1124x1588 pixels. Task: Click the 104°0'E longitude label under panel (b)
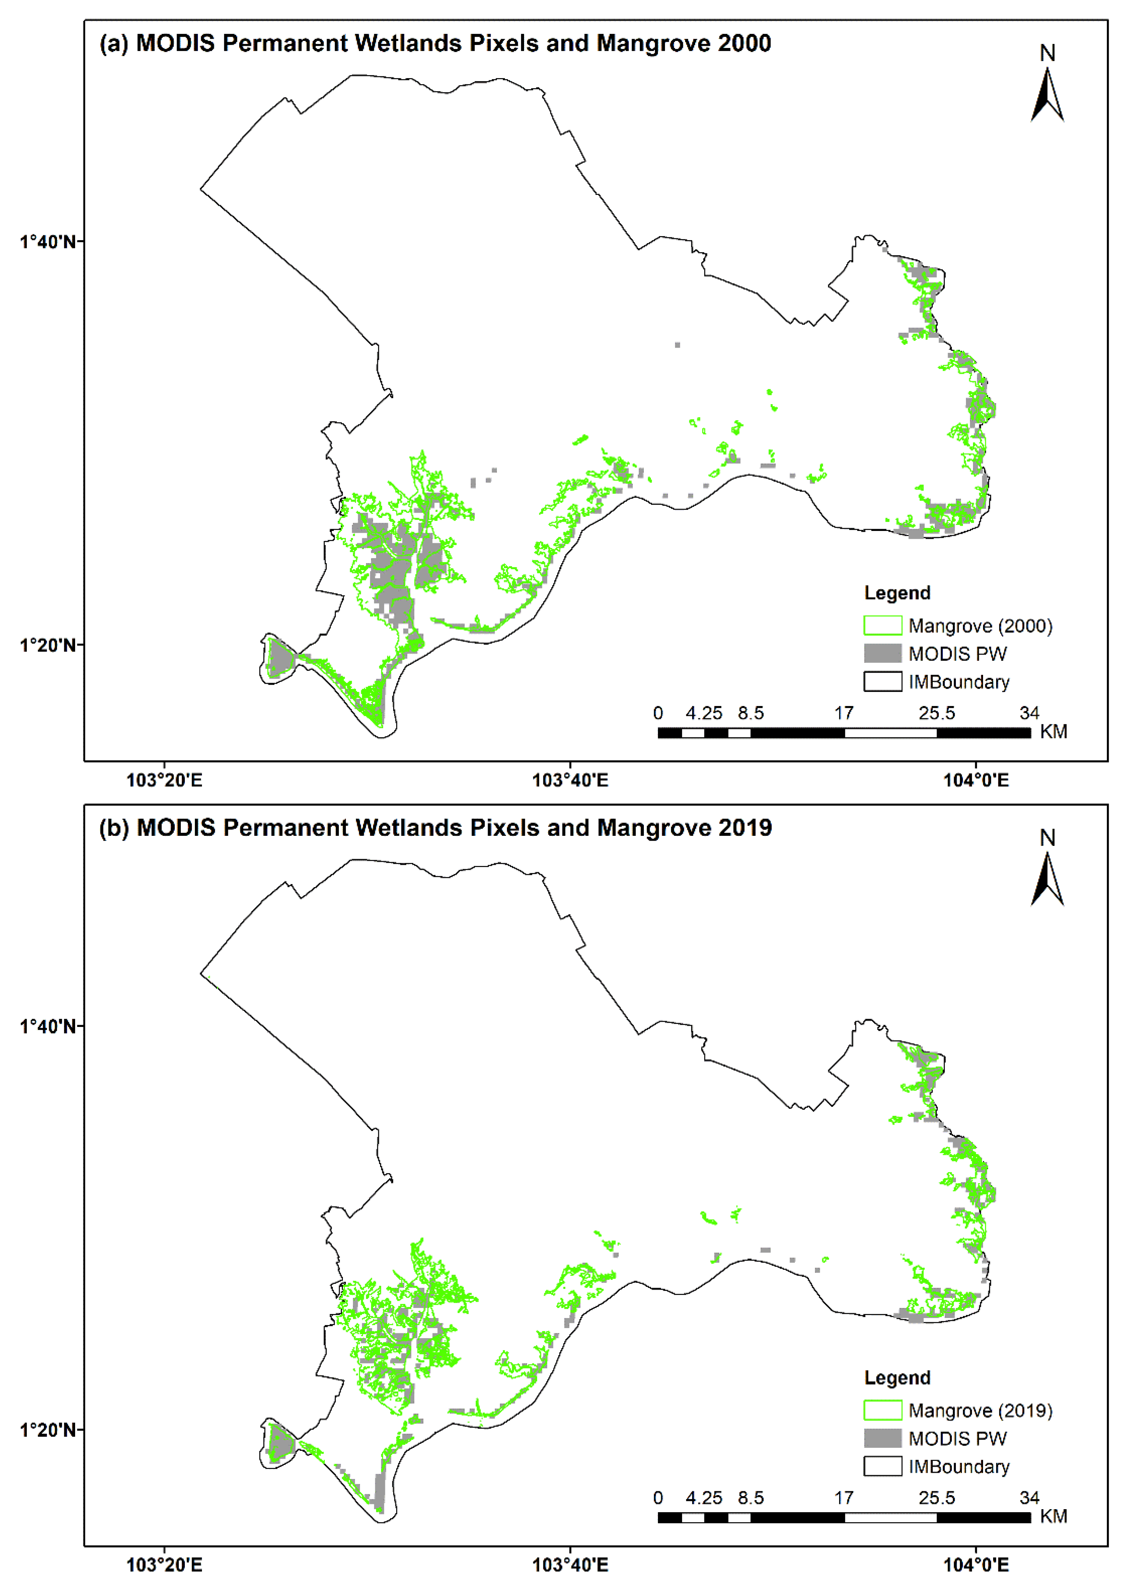976,1565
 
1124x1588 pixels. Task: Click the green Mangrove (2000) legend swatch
883,625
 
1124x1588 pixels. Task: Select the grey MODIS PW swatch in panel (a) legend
883,653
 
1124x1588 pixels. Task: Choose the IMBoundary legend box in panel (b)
883,1466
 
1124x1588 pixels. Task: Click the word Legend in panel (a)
897,593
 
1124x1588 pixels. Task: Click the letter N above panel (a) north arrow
1047,53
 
